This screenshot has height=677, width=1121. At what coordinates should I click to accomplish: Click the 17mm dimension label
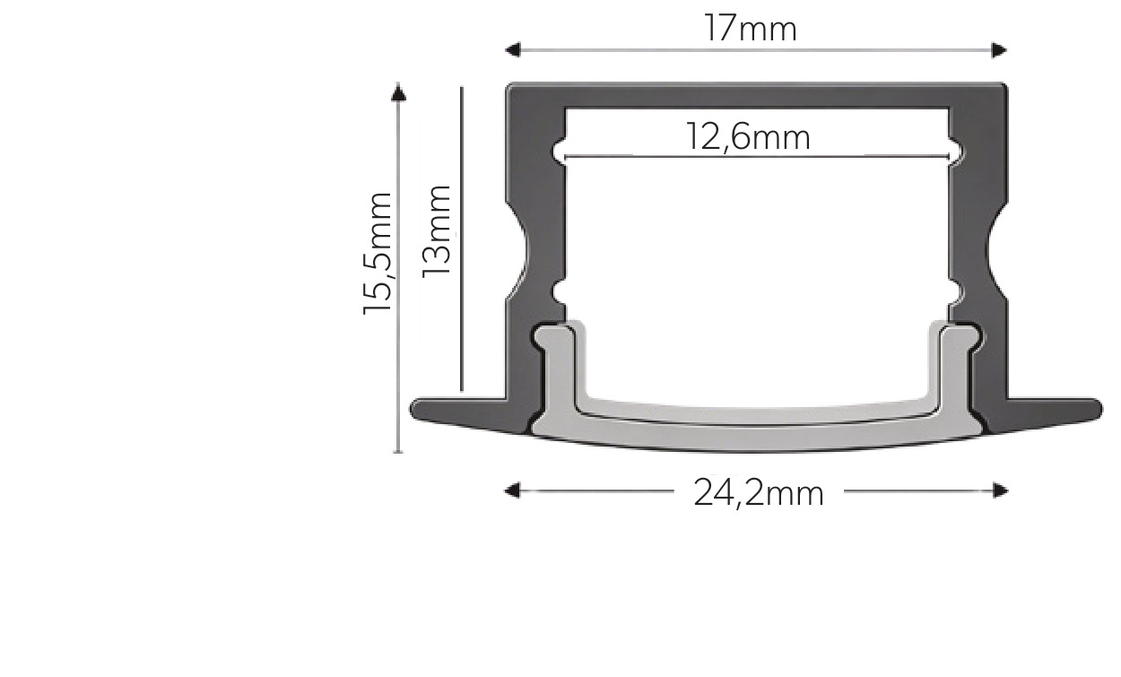coord(750,29)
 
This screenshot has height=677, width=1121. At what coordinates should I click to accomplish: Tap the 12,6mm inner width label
coord(748,137)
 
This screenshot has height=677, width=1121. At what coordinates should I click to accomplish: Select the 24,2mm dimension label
coord(759,494)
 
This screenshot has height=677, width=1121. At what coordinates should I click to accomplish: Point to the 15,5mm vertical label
coord(377,253)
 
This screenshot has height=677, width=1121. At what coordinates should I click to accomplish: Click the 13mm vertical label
coord(436,231)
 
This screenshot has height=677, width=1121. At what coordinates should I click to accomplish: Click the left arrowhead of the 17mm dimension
coord(512,50)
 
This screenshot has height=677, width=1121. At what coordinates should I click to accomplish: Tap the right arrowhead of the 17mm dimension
coord(999,50)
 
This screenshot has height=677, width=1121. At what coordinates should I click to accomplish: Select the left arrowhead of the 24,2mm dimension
coord(511,490)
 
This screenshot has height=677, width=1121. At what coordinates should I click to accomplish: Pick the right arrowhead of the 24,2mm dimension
coord(1001,490)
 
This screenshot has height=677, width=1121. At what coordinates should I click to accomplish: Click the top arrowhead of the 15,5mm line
coord(398,91)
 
